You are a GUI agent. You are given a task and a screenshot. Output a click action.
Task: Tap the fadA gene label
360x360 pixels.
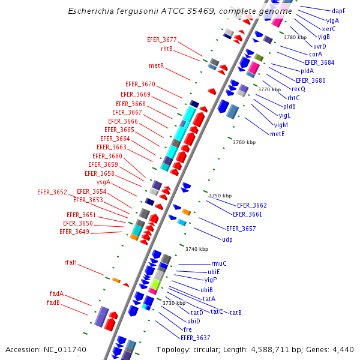[x=56, y=294]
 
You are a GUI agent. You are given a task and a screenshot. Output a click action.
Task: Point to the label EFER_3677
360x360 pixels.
[x=162, y=40]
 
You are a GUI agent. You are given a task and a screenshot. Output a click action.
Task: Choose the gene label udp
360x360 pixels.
[x=227, y=239]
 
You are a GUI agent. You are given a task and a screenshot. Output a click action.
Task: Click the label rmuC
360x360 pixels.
[x=219, y=263]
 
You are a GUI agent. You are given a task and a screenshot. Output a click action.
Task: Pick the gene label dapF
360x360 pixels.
[x=338, y=11]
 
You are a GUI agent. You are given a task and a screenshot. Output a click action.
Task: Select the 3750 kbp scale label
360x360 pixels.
[x=220, y=196]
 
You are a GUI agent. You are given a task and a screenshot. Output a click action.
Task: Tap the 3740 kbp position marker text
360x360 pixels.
[x=197, y=249]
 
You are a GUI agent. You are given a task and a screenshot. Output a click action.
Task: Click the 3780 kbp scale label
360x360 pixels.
[x=295, y=37]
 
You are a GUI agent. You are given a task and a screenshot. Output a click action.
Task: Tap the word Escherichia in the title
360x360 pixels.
[x=89, y=11]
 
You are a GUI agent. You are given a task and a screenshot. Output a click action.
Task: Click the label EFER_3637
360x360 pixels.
[x=196, y=338]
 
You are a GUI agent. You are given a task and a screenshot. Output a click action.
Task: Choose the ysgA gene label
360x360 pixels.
[x=103, y=182]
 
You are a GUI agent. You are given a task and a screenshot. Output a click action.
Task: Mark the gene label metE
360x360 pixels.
[x=277, y=134]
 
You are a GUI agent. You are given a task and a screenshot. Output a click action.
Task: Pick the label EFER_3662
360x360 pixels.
[x=252, y=205]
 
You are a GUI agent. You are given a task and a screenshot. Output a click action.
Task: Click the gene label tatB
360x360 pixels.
[x=236, y=313]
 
